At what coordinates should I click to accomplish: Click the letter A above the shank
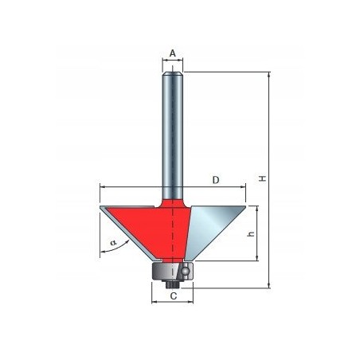point(172,54)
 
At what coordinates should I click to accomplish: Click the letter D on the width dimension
point(216,181)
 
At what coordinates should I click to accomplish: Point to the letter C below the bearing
point(172,295)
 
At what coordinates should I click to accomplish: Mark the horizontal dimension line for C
point(171,303)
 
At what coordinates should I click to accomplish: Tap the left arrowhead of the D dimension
point(102,188)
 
